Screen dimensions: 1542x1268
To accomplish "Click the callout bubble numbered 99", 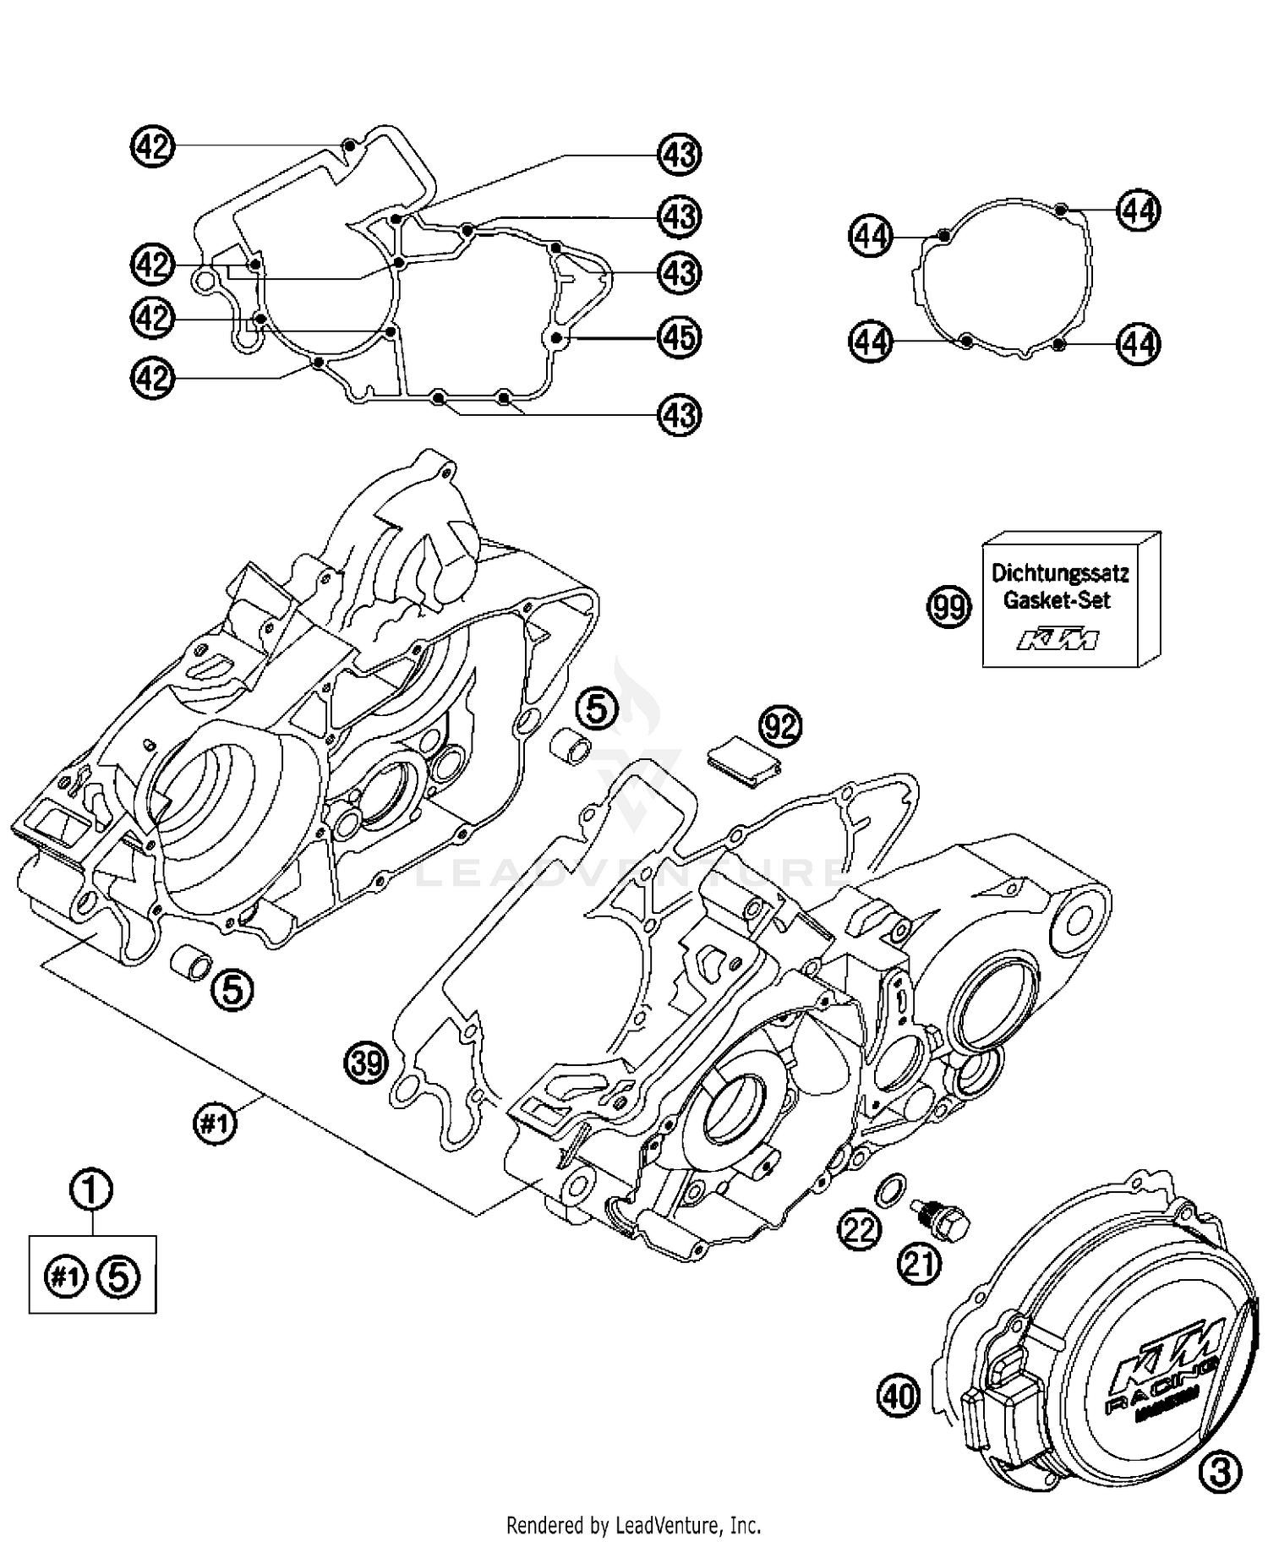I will click(949, 607).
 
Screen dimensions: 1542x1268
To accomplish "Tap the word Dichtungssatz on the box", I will click(1060, 573).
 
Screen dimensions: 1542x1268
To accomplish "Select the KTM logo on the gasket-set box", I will click(1058, 640).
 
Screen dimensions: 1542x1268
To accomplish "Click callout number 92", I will click(780, 725).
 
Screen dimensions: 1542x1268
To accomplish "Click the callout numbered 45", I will click(680, 337).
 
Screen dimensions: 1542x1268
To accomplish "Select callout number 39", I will click(366, 1063).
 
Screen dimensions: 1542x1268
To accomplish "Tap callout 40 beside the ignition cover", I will click(898, 1394).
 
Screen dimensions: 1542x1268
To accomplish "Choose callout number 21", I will click(920, 1264).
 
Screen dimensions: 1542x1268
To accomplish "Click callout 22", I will click(860, 1230).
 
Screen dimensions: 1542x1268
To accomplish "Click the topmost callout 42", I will click(153, 147).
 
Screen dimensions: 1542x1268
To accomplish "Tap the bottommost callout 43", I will click(680, 415).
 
